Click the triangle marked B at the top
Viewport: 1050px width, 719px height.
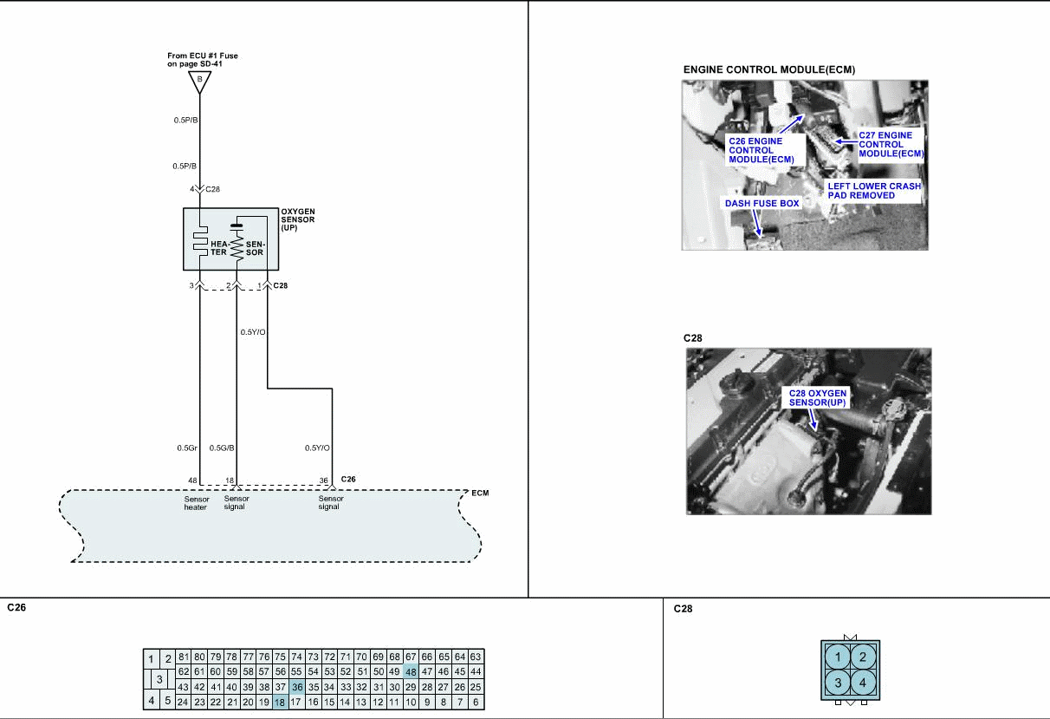(199, 82)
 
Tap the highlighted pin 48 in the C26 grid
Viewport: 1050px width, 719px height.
(411, 671)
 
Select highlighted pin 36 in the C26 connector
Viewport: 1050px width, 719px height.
(296, 687)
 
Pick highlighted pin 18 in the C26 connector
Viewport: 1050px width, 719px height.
(280, 703)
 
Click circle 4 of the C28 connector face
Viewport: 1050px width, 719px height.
(863, 683)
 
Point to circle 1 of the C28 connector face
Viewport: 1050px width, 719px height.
(838, 657)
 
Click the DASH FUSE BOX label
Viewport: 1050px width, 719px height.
(762, 203)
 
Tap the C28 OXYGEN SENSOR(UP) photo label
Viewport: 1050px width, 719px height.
(817, 398)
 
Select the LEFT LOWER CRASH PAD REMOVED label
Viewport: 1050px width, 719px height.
(874, 191)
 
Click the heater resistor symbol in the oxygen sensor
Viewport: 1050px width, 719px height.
(200, 242)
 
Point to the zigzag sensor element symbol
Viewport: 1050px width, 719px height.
(237, 246)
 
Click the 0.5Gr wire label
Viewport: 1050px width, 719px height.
(187, 448)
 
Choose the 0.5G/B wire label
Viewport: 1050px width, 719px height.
(222, 448)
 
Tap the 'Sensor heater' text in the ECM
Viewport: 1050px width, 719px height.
(197, 503)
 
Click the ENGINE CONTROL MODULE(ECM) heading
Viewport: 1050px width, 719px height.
(769, 70)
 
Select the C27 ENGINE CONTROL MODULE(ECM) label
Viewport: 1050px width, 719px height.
(891, 145)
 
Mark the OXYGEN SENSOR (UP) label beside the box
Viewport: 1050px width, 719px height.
(298, 219)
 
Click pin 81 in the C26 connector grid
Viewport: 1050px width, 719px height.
(184, 657)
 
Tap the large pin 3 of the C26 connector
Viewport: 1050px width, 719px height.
(159, 679)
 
